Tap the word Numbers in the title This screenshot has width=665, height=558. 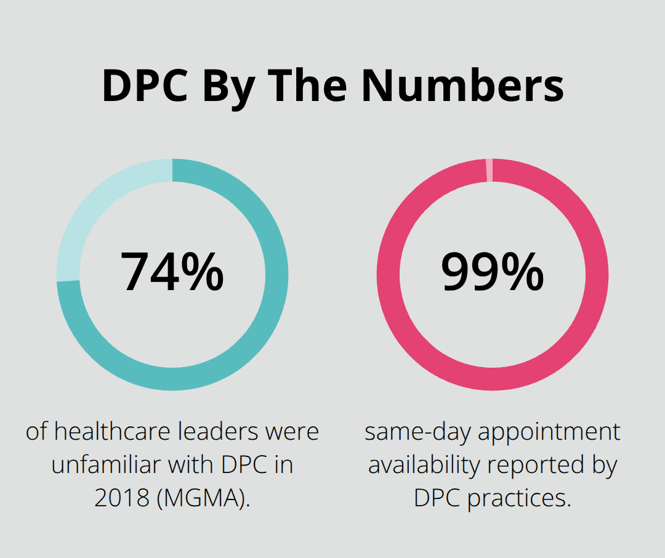462,85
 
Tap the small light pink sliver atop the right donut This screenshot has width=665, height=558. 490,170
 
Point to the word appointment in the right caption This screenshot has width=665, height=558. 549,431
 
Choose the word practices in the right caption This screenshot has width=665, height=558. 519,498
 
